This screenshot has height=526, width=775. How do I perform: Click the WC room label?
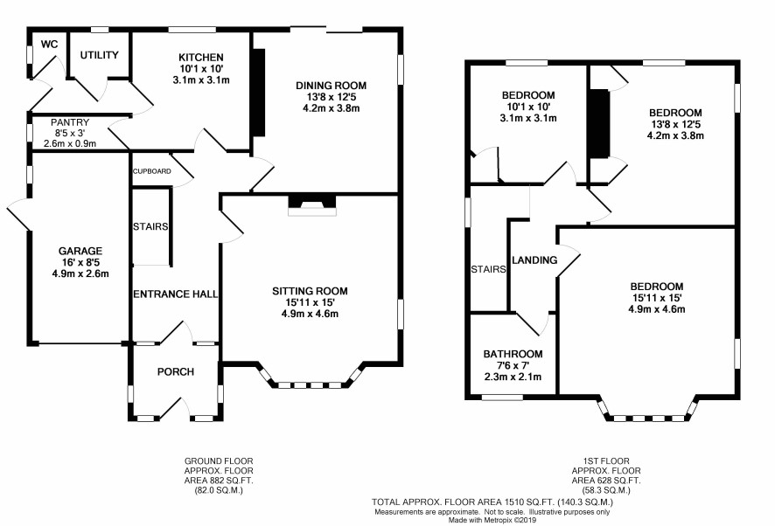coord(50,45)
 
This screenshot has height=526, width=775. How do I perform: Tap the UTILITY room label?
coord(100,55)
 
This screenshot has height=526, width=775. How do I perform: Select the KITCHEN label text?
coord(201,58)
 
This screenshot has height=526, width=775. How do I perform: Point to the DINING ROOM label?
coord(332,86)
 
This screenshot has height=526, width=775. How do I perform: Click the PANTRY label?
coord(70,122)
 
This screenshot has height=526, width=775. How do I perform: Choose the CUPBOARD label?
coord(152,171)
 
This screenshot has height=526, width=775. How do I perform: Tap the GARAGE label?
coord(80,251)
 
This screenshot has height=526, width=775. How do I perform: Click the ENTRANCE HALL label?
coord(176,294)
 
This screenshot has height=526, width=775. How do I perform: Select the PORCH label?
coord(176,372)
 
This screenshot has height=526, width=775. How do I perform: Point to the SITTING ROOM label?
coord(310,291)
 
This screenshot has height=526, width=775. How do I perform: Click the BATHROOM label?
coord(513,354)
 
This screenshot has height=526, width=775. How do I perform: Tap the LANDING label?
coord(534,260)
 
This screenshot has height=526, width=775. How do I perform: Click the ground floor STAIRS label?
coord(150,226)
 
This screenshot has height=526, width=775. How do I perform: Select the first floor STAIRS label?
coord(488,269)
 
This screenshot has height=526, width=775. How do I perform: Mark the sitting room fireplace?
coord(312,205)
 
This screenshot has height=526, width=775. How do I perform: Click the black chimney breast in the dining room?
coord(259,92)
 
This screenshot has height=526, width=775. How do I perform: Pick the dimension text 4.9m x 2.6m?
coord(80,273)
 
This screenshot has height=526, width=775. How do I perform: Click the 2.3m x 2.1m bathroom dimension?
coord(513,377)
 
